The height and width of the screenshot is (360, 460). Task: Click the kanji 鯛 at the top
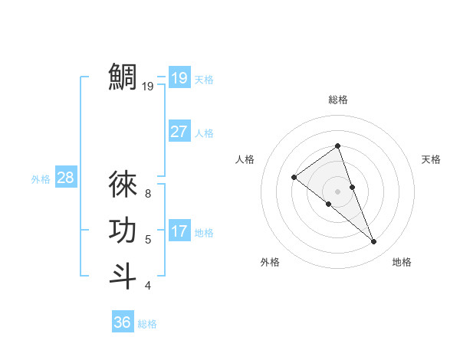(123, 77)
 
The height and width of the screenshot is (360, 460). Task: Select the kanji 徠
(123, 185)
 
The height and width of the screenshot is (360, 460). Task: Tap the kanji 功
(123, 231)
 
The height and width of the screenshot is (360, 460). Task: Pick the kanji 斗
(123, 276)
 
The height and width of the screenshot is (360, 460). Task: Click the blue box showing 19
(179, 77)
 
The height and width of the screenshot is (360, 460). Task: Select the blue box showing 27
(179, 132)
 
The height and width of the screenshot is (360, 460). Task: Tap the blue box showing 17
(179, 231)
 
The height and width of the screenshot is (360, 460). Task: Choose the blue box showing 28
(65, 178)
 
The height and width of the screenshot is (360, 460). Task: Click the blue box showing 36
(123, 322)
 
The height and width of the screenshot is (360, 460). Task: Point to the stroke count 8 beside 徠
(148, 194)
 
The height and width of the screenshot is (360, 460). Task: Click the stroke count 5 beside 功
(148, 240)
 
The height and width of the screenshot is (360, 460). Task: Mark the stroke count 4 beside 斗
(148, 286)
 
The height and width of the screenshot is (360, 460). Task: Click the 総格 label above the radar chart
(337, 100)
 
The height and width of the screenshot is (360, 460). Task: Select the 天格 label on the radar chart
(432, 159)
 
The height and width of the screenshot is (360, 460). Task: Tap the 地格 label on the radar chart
(402, 262)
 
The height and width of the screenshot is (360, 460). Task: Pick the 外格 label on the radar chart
(270, 262)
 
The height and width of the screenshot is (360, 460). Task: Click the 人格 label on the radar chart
(245, 159)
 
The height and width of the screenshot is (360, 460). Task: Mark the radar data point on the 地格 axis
(374, 242)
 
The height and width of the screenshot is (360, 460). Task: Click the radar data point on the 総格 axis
(337, 146)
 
